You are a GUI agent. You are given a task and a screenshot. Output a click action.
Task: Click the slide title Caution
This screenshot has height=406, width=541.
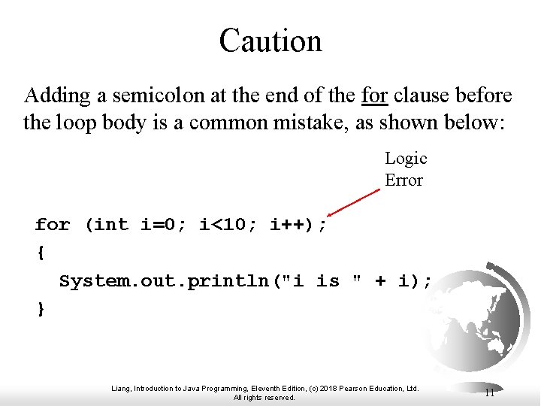(270, 41)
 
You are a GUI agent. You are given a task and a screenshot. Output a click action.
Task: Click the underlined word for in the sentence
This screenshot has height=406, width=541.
(374, 96)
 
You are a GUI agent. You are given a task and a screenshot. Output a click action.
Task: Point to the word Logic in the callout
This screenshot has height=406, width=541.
(406, 159)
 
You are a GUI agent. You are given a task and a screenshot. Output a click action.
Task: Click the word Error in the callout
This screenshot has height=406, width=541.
(403, 180)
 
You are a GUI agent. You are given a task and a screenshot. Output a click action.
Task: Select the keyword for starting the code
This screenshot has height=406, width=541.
(53, 225)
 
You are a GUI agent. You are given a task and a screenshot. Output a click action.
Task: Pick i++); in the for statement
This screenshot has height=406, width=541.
(298, 225)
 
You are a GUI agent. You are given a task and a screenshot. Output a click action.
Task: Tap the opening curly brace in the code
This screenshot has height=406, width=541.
(40, 253)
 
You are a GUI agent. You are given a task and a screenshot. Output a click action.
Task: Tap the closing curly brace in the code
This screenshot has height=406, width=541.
(40, 309)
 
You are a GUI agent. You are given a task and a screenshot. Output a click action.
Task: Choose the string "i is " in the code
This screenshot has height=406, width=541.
(328, 282)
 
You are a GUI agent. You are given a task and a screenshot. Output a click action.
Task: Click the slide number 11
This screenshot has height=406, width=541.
(489, 392)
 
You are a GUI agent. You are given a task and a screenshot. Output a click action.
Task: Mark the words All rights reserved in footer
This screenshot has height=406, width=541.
(264, 398)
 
